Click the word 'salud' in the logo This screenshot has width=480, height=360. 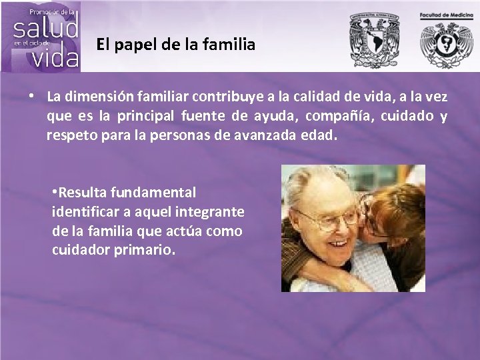coord(46,28)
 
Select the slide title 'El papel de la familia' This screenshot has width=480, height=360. coord(175,45)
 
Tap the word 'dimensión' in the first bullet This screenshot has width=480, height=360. coord(95,97)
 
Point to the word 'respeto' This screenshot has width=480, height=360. coord(69,136)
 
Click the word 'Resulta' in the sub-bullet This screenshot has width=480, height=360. coord(81,193)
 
